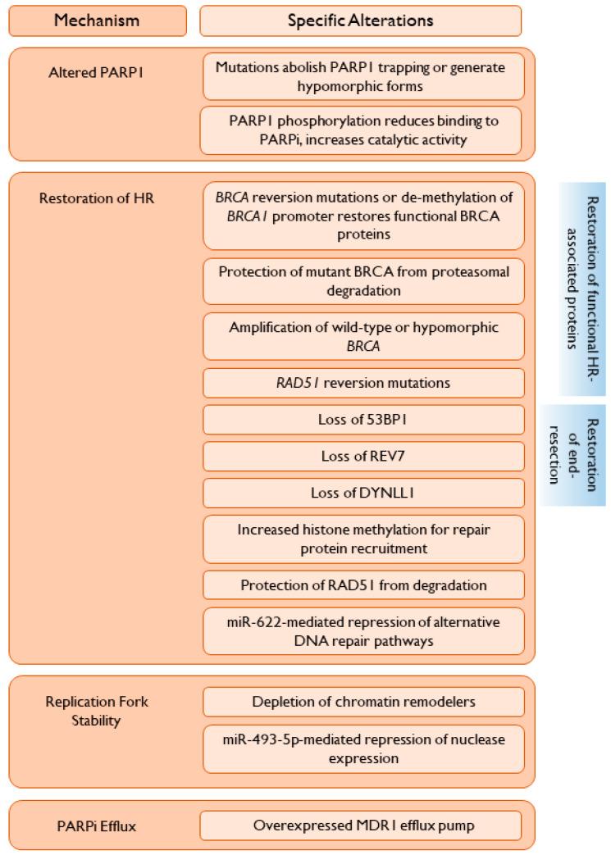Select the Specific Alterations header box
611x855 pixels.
360,20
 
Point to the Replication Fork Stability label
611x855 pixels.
86,711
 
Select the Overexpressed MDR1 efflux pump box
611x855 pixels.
360,825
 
